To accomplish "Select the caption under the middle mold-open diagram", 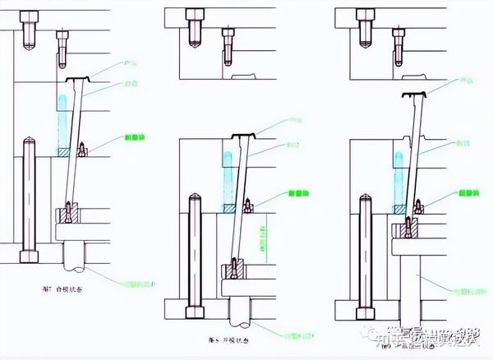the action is pos(230,339).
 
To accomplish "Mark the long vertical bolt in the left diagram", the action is pos(29,197).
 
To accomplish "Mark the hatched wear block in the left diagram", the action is pos(64,152).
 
